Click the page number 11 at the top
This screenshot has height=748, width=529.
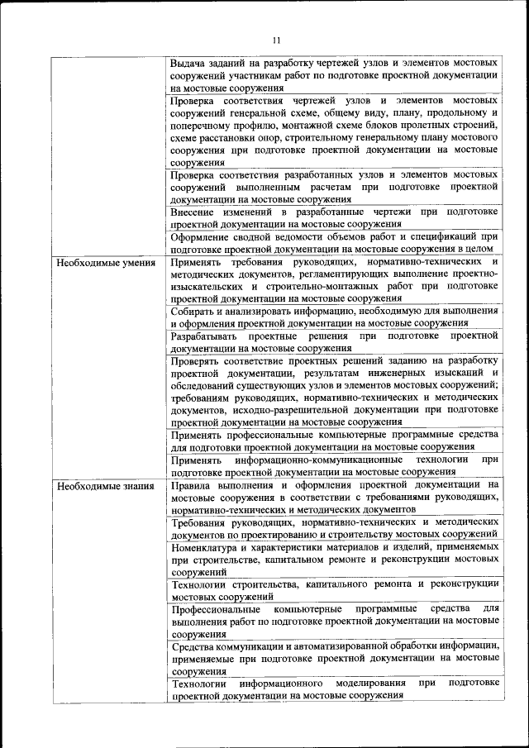click(x=275, y=39)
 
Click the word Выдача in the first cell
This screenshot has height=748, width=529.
click(x=189, y=63)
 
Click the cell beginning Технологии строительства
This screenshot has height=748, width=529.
click(x=334, y=590)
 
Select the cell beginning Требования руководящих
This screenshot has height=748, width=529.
click(x=334, y=528)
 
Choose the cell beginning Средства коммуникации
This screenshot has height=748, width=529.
click(x=334, y=658)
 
